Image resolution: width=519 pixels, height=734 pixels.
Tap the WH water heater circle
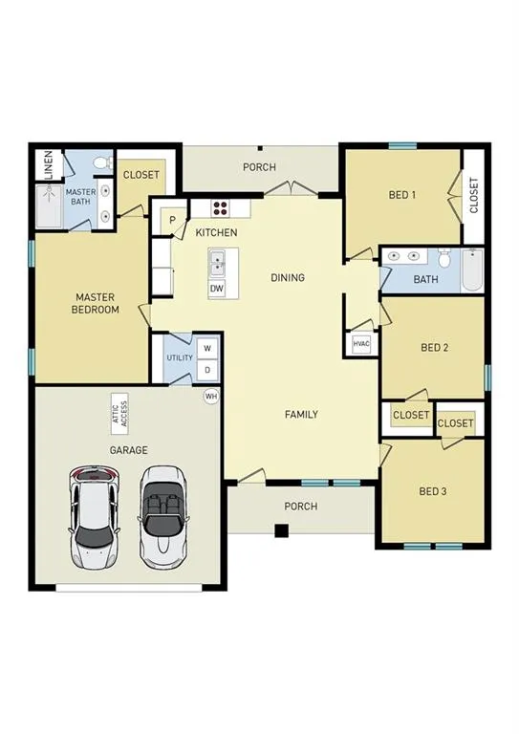pyautogui.click(x=210, y=396)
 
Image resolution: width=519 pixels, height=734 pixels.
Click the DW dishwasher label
pyautogui.click(x=217, y=288)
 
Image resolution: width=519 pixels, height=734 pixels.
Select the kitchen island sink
pyautogui.click(x=217, y=260)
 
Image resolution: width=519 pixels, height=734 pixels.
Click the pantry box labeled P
pyautogui.click(x=173, y=220)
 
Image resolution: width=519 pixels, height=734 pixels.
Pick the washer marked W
pyautogui.click(x=206, y=348)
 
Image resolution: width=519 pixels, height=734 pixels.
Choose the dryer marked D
pyautogui.click(x=206, y=369)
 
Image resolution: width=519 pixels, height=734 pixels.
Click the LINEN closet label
pyautogui.click(x=50, y=164)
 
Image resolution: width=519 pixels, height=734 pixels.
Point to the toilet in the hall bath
pyautogui.click(x=444, y=258)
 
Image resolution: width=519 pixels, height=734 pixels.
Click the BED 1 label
pyautogui.click(x=402, y=195)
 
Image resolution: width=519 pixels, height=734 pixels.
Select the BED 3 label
pyautogui.click(x=433, y=492)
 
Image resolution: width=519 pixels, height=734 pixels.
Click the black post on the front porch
pyautogui.click(x=281, y=530)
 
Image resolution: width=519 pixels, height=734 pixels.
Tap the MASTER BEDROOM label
pyautogui.click(x=97, y=304)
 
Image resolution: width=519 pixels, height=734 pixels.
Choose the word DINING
pyautogui.click(x=288, y=278)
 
